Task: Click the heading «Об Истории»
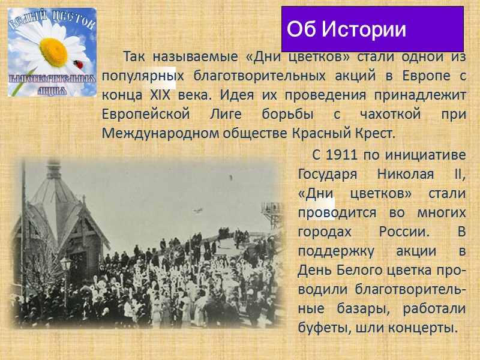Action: coord(346,29)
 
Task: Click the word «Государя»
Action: coord(328,174)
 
